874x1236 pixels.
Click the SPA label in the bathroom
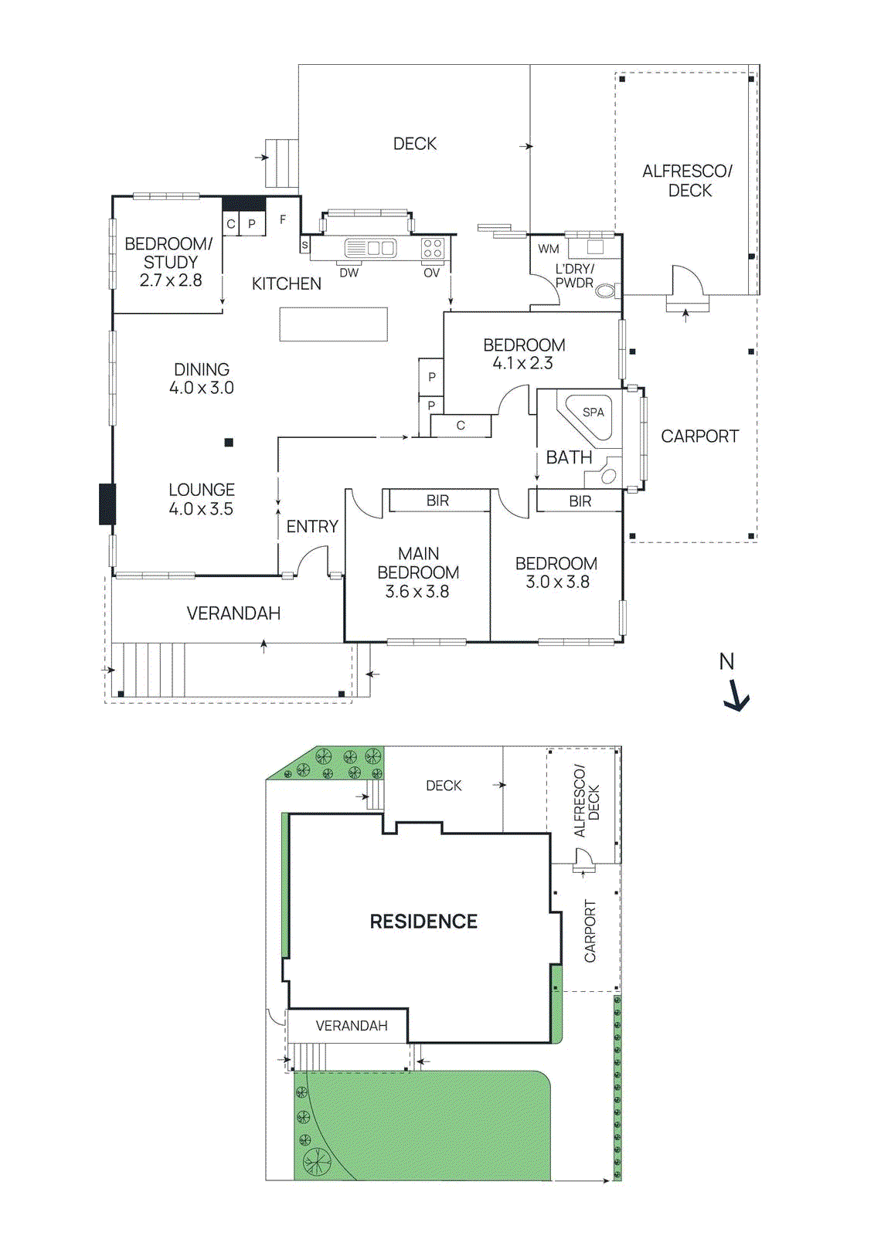click(x=593, y=413)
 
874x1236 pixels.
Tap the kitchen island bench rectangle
click(x=333, y=324)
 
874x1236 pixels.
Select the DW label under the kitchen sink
click(x=349, y=273)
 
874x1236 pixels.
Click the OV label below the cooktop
click(x=431, y=273)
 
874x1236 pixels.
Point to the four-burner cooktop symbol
click(x=432, y=248)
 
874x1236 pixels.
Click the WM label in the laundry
click(x=549, y=249)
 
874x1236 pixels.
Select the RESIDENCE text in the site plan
click(x=423, y=921)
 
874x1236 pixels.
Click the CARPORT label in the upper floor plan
click(x=699, y=436)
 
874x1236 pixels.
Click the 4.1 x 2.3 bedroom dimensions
click(x=523, y=363)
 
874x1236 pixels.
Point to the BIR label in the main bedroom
click(x=437, y=501)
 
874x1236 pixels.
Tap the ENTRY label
click(x=312, y=527)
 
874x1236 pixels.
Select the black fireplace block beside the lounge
click(x=107, y=504)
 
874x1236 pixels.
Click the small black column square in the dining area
click(x=229, y=443)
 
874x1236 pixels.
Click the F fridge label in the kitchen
click(x=283, y=220)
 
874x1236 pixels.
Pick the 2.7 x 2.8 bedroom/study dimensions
click(x=171, y=280)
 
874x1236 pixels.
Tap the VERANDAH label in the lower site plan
click(x=352, y=1026)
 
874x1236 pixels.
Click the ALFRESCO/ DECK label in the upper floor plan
click(x=688, y=181)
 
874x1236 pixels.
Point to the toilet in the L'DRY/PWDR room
click(x=607, y=290)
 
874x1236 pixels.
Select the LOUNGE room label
click(x=202, y=490)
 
